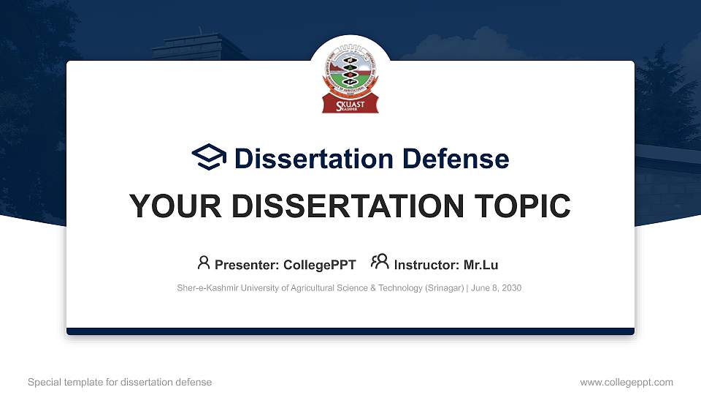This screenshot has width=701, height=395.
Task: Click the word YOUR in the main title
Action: tap(166, 207)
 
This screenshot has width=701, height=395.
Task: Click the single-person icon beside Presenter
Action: tap(204, 263)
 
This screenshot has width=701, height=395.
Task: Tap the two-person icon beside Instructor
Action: tap(380, 263)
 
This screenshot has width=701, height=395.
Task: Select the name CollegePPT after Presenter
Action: tap(319, 265)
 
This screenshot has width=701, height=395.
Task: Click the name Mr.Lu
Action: tap(481, 265)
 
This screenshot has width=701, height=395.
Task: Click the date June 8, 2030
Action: tap(497, 288)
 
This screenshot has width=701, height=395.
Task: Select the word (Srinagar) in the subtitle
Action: tap(444, 288)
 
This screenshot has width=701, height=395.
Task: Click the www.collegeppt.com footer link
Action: tap(627, 382)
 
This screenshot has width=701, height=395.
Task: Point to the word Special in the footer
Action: tap(43, 382)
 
